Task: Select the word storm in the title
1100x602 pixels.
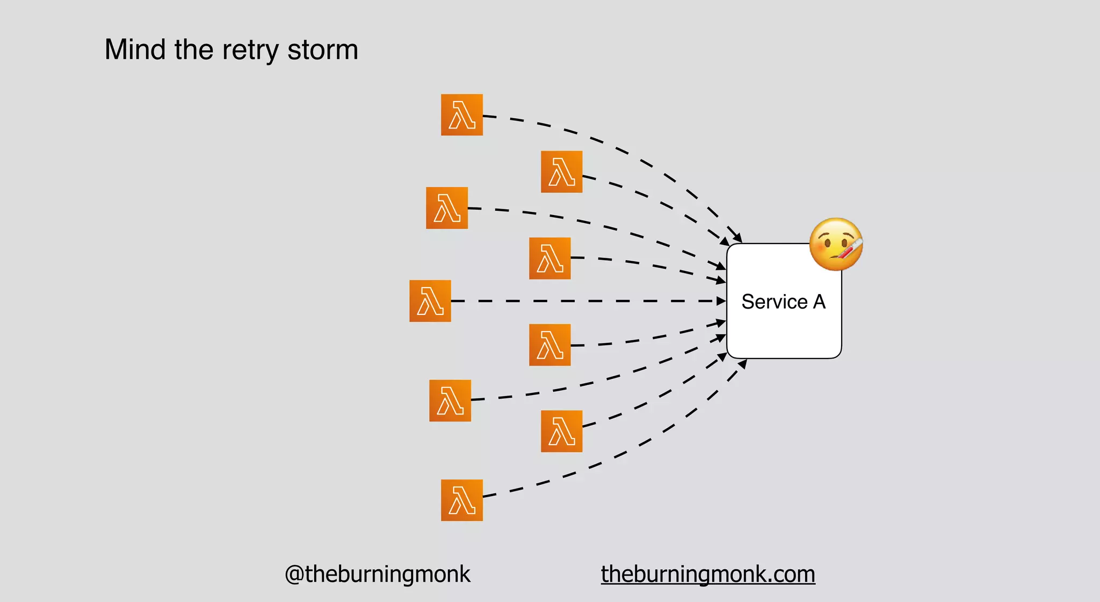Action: click(x=322, y=50)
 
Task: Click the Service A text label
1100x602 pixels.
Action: click(x=783, y=302)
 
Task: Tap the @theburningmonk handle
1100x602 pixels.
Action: click(x=377, y=574)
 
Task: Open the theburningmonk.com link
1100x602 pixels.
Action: click(x=708, y=574)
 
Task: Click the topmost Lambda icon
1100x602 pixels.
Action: click(x=462, y=114)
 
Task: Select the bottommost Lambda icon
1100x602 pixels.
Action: click(x=462, y=500)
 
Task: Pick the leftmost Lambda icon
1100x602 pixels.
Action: click(x=430, y=301)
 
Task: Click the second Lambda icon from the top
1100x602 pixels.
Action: click(x=562, y=171)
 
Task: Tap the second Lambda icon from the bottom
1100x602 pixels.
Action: click(x=562, y=431)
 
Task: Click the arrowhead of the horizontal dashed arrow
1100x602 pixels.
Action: click(x=721, y=301)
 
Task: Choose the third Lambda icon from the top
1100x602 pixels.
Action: click(x=447, y=208)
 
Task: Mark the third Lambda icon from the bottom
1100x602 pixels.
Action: click(x=450, y=400)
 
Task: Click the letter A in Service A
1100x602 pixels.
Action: click(x=819, y=302)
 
